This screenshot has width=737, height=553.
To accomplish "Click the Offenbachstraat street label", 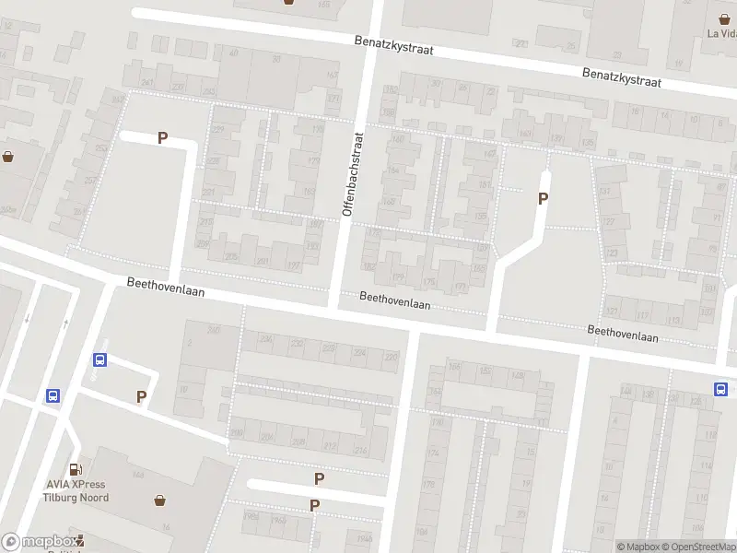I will [x=354, y=174].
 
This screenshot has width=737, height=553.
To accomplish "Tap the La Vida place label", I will [x=721, y=34].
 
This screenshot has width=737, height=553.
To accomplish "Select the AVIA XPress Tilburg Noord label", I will [x=76, y=491].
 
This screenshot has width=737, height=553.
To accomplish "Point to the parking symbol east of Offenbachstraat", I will [x=543, y=198].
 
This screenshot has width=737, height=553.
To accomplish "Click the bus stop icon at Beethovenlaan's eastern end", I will [x=719, y=389].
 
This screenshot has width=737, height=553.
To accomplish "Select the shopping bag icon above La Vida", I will [x=725, y=18].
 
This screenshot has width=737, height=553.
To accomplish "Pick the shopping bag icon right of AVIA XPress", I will [x=161, y=500].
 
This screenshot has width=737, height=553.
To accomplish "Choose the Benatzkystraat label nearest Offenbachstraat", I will [x=394, y=44].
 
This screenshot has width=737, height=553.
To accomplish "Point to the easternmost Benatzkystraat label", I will [x=622, y=76].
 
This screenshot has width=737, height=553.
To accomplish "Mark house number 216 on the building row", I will [x=361, y=450].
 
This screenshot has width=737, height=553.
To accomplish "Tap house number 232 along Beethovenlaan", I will [x=297, y=343].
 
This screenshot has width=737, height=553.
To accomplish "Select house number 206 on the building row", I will [x=267, y=437].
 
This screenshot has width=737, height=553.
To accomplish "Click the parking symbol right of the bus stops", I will [x=141, y=397].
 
